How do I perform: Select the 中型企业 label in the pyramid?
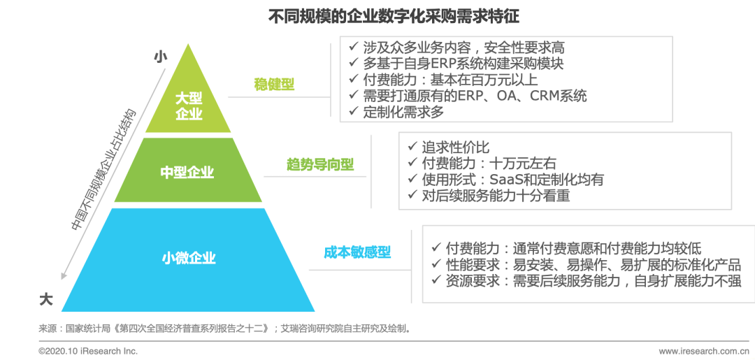[x=187, y=172]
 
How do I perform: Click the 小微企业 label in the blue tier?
[x=189, y=257]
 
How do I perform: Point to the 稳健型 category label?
[x=274, y=85]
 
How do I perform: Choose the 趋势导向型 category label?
[x=320, y=165]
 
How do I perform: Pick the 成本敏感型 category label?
[x=357, y=252]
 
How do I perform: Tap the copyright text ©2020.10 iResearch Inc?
[x=88, y=351]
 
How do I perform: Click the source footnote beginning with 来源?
[x=224, y=327]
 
